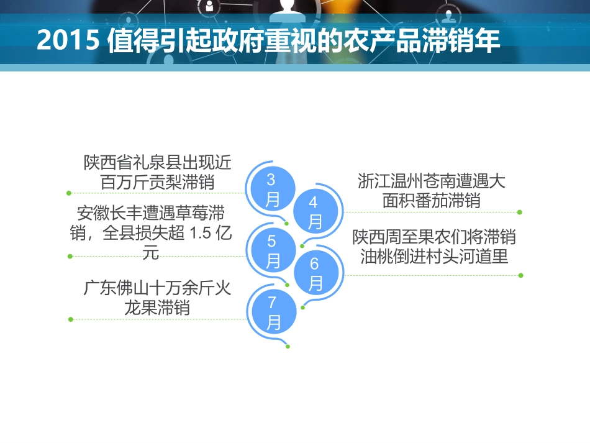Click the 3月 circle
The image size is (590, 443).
click(271, 190)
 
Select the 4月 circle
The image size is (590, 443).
click(315, 212)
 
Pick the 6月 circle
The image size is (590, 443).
click(315, 273)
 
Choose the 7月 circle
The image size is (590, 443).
click(272, 313)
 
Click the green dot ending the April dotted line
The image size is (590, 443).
click(519, 212)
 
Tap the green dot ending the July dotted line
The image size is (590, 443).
click(70, 319)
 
